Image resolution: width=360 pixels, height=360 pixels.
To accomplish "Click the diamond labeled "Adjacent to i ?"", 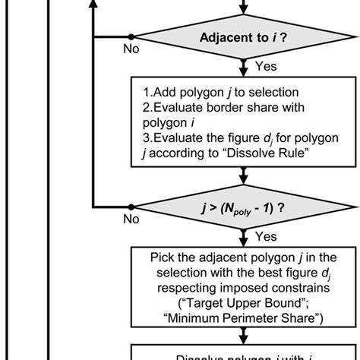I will [x=242, y=36].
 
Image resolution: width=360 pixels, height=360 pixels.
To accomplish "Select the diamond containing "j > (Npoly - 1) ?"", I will [x=242, y=207].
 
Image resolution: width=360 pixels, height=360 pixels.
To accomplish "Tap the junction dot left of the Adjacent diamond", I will [x=131, y=36].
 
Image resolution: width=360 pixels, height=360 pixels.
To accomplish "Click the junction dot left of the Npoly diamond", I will [x=131, y=207].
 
